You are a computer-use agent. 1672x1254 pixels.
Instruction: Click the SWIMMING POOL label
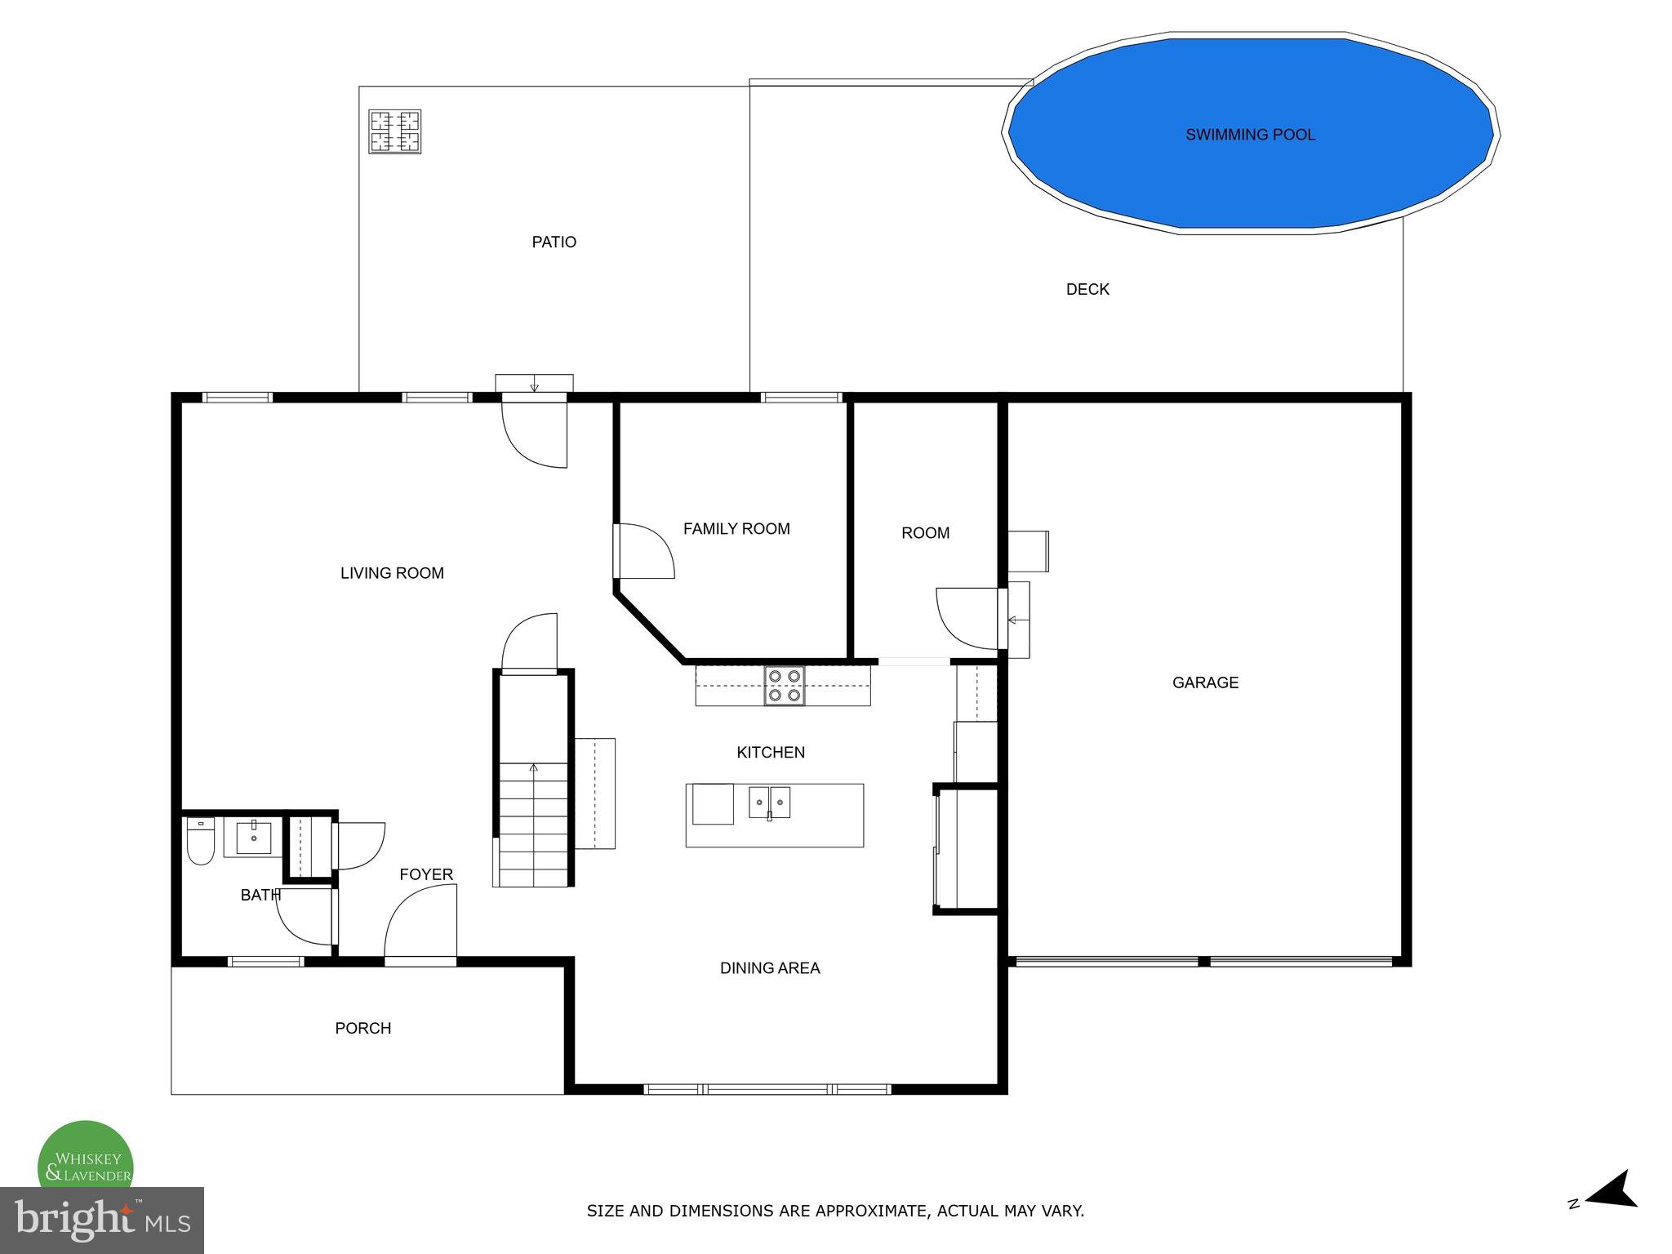(x=1250, y=135)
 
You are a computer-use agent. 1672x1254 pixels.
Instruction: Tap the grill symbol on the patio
(x=394, y=131)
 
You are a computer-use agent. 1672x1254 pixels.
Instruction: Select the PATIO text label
(x=554, y=242)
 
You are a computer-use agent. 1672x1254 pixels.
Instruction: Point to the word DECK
(x=1087, y=289)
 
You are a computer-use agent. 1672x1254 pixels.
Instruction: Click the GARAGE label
(x=1205, y=683)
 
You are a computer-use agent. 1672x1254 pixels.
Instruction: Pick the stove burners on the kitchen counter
(x=784, y=686)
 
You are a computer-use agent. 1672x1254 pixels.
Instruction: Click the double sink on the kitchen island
(x=769, y=802)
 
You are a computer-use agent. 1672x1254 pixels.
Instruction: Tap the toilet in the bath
(x=200, y=841)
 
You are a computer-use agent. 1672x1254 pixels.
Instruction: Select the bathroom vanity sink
(x=254, y=838)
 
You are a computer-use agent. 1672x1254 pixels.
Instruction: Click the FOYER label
(x=425, y=874)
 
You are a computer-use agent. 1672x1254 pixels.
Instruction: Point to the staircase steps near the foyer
(x=533, y=825)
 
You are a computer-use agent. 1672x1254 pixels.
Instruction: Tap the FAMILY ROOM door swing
(x=645, y=552)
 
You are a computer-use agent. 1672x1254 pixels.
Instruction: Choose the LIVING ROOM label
(x=392, y=573)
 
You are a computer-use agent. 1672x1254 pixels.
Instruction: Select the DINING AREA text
(x=769, y=968)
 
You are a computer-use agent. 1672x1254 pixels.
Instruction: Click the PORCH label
(x=362, y=1028)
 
